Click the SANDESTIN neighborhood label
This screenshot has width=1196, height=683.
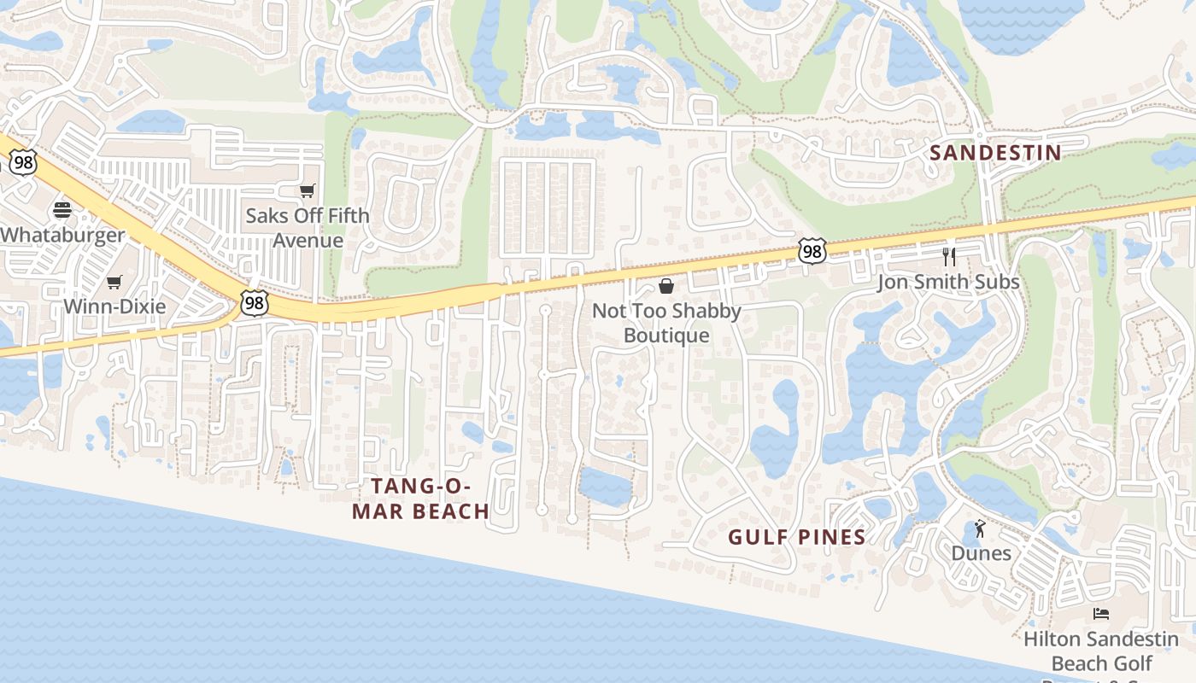click(x=995, y=153)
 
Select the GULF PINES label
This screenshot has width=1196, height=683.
click(x=796, y=537)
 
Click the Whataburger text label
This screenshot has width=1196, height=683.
click(x=62, y=235)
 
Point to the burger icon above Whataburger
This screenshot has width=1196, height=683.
click(x=62, y=209)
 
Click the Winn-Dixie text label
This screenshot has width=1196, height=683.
click(x=114, y=306)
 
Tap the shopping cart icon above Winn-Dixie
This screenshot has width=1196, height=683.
click(x=114, y=282)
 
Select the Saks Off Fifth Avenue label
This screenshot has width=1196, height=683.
click(x=308, y=227)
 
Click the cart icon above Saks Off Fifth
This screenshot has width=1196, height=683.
click(x=308, y=190)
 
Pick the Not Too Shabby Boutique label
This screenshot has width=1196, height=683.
click(x=666, y=323)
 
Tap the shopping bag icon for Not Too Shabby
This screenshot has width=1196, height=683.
click(x=666, y=286)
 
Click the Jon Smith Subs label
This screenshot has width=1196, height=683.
click(x=948, y=282)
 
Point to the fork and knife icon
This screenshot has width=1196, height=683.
click(x=948, y=256)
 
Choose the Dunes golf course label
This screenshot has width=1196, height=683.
click(x=981, y=553)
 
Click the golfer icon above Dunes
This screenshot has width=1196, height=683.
click(x=980, y=528)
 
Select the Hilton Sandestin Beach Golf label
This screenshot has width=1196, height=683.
click(x=1101, y=651)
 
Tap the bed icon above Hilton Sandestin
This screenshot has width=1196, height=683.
click(x=1101, y=613)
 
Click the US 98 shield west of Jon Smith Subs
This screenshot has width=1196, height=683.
click(x=812, y=251)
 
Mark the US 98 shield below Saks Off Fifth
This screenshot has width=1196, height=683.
click(x=254, y=303)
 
